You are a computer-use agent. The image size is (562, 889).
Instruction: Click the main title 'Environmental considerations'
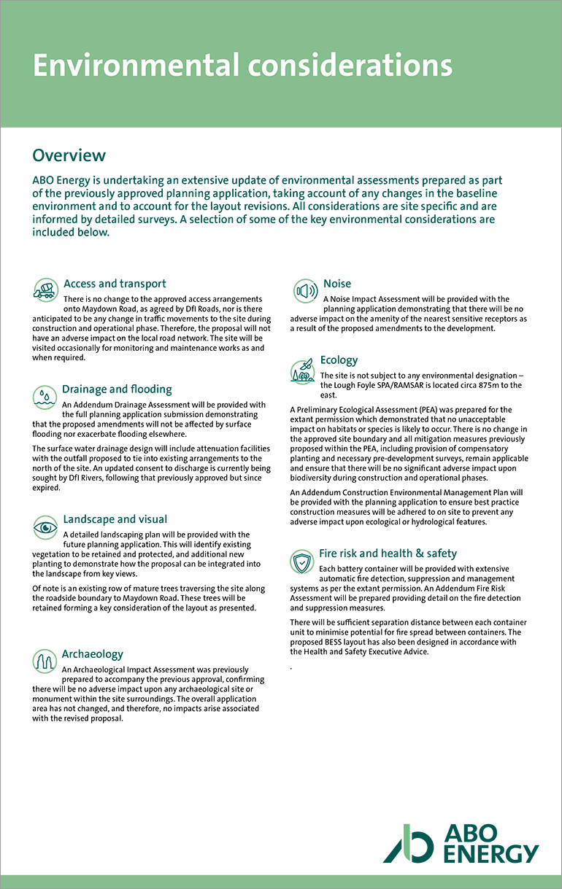click(242, 66)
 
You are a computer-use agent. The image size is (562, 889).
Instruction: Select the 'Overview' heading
click(69, 155)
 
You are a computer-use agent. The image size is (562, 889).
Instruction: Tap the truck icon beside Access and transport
click(45, 290)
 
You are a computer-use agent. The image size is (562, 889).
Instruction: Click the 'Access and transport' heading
click(115, 284)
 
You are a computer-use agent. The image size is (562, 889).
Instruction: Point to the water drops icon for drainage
click(45, 396)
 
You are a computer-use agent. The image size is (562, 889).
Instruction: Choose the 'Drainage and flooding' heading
click(117, 389)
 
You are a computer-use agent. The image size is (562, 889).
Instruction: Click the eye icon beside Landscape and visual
click(45, 526)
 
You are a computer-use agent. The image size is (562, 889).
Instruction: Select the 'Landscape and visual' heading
click(115, 519)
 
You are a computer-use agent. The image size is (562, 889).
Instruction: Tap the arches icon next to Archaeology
click(45, 661)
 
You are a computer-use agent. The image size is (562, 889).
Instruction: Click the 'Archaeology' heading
click(92, 654)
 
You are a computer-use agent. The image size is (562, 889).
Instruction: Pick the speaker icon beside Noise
click(304, 290)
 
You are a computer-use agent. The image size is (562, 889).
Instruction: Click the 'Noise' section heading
click(337, 284)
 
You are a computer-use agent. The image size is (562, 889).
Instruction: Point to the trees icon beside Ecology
click(302, 370)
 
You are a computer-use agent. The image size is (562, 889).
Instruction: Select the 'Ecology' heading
click(339, 360)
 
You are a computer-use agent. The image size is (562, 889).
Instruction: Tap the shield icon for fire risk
click(302, 562)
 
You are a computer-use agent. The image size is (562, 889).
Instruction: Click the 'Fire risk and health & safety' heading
click(388, 554)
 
